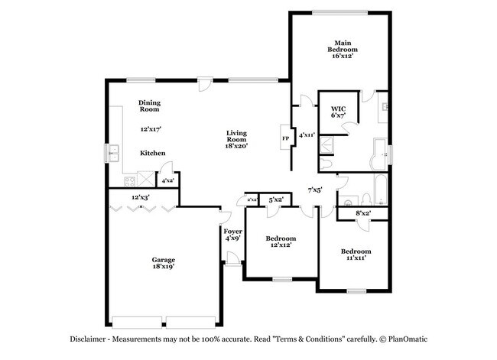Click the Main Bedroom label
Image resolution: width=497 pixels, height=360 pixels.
340,49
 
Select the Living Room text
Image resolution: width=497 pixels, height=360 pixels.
236,138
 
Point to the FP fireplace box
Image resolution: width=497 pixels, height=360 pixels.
285,138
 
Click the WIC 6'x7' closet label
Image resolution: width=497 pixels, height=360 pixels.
338,113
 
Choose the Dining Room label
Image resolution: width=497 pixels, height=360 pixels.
149,105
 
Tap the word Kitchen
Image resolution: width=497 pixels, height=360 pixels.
152,153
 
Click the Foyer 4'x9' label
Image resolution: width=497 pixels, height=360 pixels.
232,235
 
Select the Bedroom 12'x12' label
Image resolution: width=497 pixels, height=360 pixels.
279,241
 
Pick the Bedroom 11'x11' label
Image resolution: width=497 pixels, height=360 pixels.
356,255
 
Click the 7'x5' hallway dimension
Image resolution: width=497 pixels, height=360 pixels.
314,189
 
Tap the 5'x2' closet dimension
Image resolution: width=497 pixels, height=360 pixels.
276,199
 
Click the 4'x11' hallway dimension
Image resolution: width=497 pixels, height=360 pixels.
306,135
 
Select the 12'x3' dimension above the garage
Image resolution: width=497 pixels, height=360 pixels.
139,197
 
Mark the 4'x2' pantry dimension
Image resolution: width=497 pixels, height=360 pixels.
166,181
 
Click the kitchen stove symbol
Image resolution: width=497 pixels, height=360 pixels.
128,181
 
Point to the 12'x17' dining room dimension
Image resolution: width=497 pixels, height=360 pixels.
150,130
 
